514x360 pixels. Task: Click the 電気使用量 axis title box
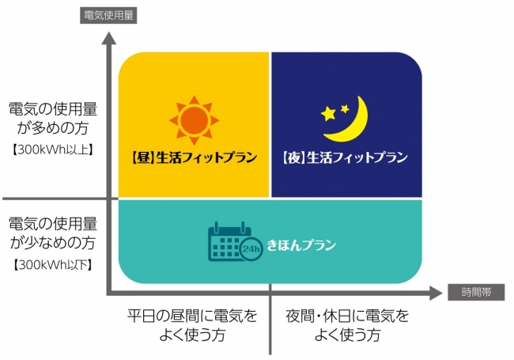[108, 15]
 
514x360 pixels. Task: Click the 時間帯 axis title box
[476, 292]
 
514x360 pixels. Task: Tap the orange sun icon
[194, 120]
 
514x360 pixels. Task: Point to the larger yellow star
[328, 114]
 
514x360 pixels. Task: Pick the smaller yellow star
[345, 108]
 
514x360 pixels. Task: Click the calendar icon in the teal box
[229, 241]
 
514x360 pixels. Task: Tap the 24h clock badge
[251, 249]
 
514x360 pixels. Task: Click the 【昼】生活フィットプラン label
[194, 157]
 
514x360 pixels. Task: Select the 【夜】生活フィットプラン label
[345, 157]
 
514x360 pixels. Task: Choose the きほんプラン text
[301, 245]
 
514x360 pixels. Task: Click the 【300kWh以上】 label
[53, 150]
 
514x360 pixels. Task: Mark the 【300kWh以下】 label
[53, 264]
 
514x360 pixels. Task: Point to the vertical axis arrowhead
[109, 38]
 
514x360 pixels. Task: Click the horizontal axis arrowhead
[436, 293]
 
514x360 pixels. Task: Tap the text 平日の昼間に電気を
[192, 316]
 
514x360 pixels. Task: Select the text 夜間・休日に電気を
[347, 316]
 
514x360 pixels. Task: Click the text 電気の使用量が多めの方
[53, 119]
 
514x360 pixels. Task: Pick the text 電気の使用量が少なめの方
[53, 233]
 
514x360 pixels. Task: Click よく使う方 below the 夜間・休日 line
[347, 335]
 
